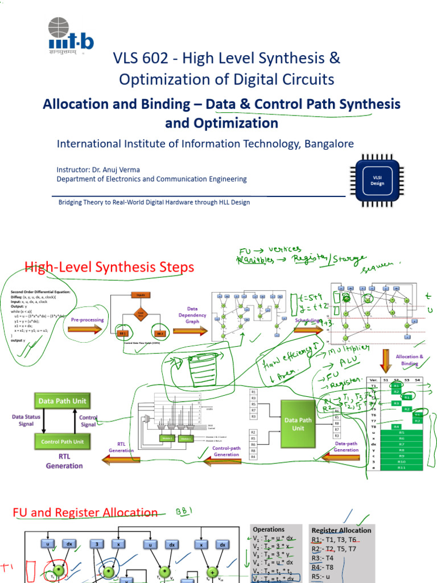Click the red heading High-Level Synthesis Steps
pyautogui.click(x=109, y=267)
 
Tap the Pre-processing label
pyautogui.click(x=88, y=320)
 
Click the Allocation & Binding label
pyautogui.click(x=410, y=359)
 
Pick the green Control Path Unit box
pyautogui.click(x=62, y=441)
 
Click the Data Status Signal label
pyautogui.click(x=26, y=420)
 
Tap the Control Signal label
pyautogui.click(x=88, y=421)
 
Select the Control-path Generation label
pyautogui.click(x=226, y=451)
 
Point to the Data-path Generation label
pyautogui.click(x=346, y=446)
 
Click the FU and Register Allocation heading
pyautogui.click(x=85, y=513)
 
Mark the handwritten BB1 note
pyautogui.click(x=185, y=510)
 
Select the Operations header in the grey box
pyautogui.click(x=269, y=529)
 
